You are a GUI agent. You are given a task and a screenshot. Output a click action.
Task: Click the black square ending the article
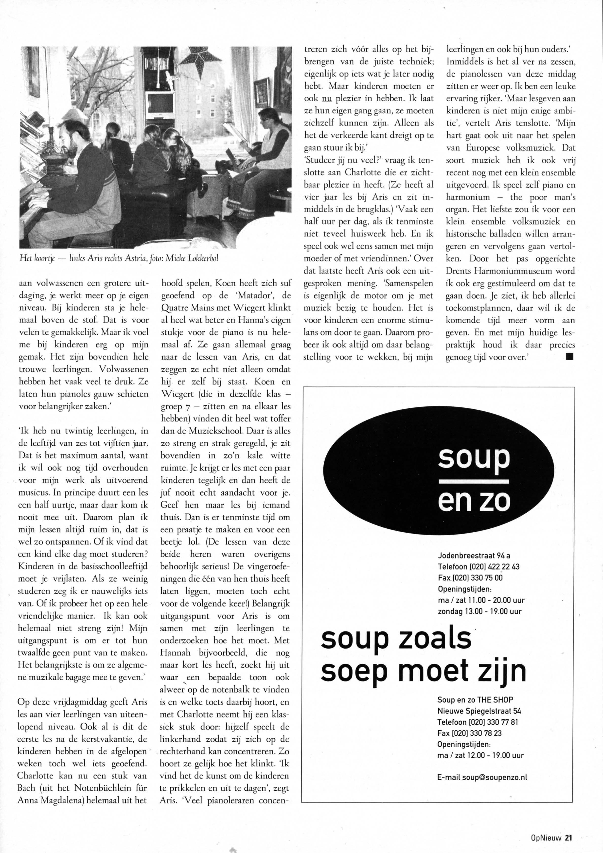click(569, 357)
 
